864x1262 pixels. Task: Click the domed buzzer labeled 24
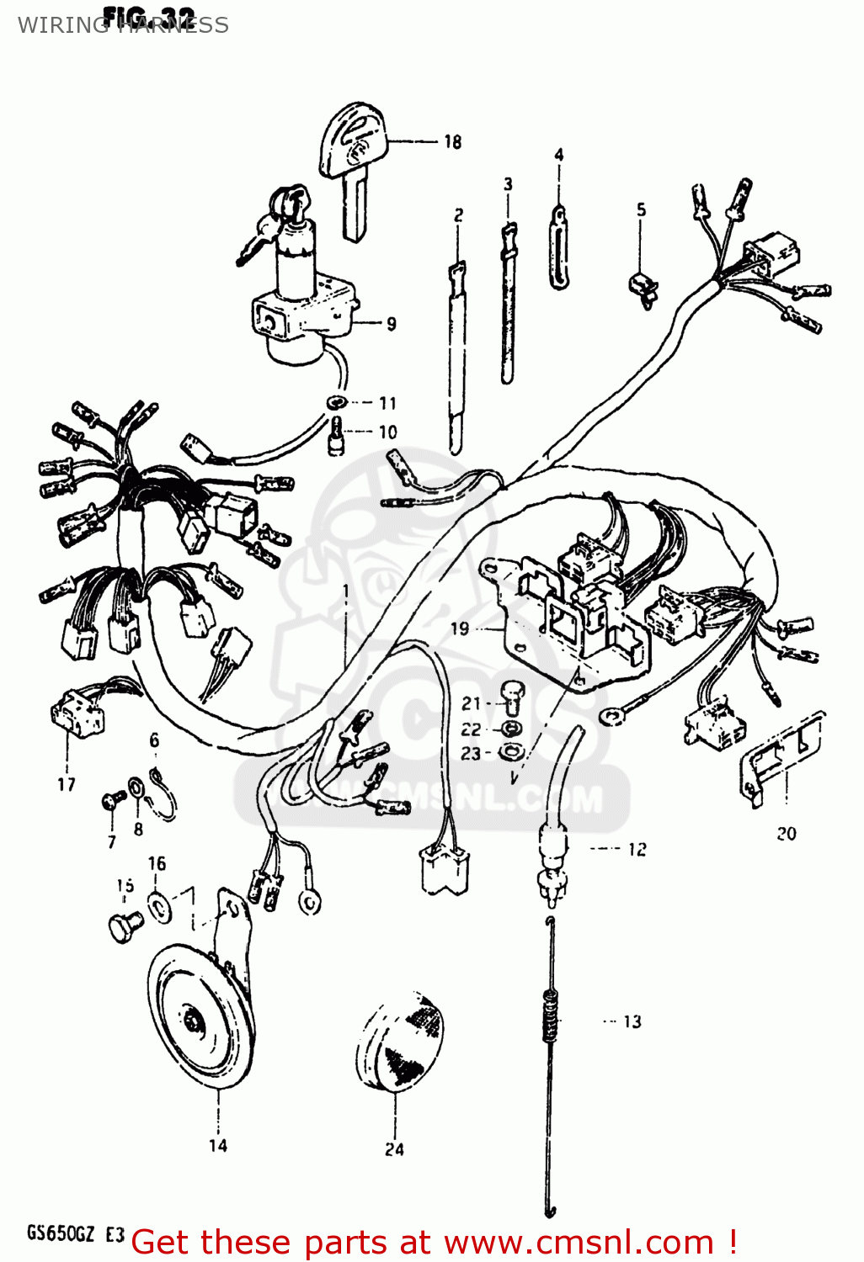point(398,1043)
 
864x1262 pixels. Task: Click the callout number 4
point(558,155)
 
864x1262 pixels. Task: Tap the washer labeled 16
point(157,904)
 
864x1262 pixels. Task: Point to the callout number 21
point(471,703)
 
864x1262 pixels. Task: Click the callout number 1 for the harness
point(345,591)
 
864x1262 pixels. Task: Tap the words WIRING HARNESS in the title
point(123,25)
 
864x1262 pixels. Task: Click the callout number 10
point(387,432)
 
